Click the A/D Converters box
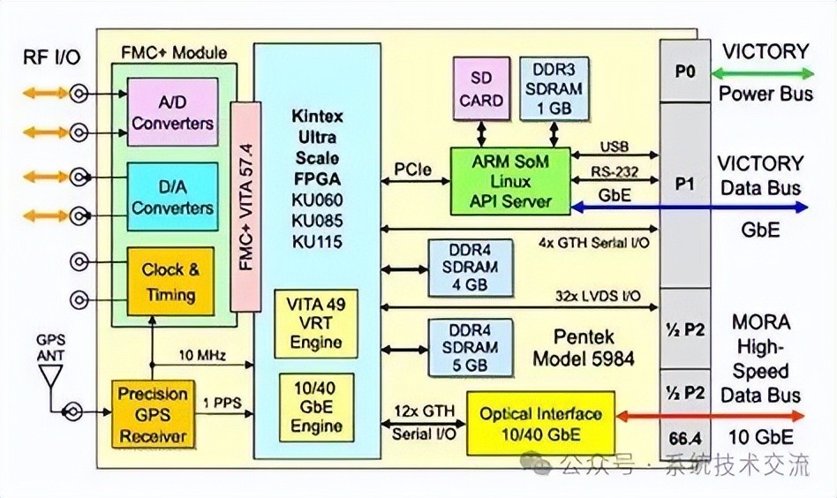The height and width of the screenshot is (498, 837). (x=172, y=113)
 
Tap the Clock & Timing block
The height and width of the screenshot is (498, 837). (x=170, y=282)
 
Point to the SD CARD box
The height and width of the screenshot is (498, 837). (x=481, y=88)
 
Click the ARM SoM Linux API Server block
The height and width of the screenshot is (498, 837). (x=510, y=180)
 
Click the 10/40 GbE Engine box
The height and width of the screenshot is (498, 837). (x=316, y=405)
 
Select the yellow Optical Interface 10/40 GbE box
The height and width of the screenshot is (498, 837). (x=539, y=423)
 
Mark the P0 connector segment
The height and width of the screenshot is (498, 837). (x=685, y=72)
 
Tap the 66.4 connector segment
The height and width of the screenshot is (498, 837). (x=685, y=438)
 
